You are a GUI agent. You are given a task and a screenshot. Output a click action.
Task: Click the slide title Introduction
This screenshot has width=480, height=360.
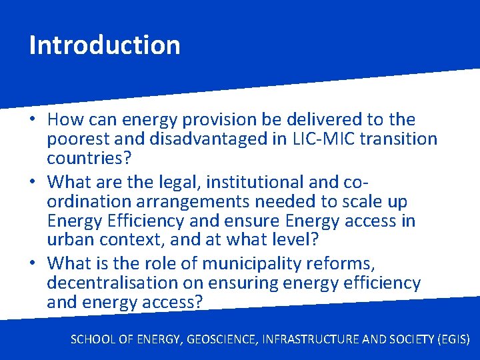(x=105, y=45)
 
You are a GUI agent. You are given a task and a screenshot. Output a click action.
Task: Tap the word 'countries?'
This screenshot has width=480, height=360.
(x=89, y=159)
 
